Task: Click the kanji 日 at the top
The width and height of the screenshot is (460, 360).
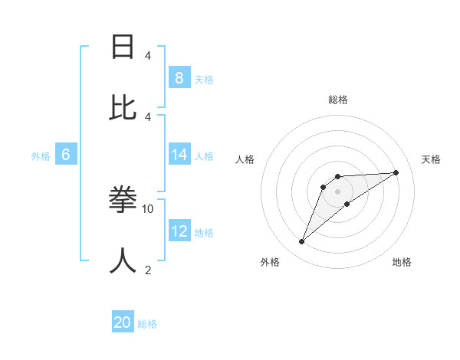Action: coord(123,47)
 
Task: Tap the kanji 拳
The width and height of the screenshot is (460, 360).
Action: coord(123,200)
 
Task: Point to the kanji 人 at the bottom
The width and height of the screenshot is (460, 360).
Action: coord(123,260)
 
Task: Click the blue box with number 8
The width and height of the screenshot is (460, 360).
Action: coord(179,77)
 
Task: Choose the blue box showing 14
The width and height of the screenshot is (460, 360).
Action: coord(179,155)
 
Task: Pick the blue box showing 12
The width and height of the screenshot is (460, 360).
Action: coord(179,231)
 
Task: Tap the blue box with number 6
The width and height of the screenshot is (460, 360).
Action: coord(66,155)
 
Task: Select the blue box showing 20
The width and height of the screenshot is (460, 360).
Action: coord(123,322)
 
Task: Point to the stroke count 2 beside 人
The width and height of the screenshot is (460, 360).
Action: coord(148,270)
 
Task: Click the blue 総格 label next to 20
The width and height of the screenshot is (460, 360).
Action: coord(147,324)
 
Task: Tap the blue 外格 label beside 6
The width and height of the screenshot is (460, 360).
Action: coord(41,156)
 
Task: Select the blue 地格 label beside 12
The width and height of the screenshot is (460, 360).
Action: coord(204,233)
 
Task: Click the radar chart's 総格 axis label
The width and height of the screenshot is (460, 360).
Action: coord(337,100)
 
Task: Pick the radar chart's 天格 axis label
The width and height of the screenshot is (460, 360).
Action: coord(431,159)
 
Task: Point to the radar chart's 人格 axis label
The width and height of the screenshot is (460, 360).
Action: coord(245,159)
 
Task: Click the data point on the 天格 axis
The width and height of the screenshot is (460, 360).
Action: coord(396,172)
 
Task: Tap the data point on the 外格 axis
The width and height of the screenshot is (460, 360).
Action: coord(301,242)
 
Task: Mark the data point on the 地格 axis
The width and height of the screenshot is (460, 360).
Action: coord(347,204)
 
